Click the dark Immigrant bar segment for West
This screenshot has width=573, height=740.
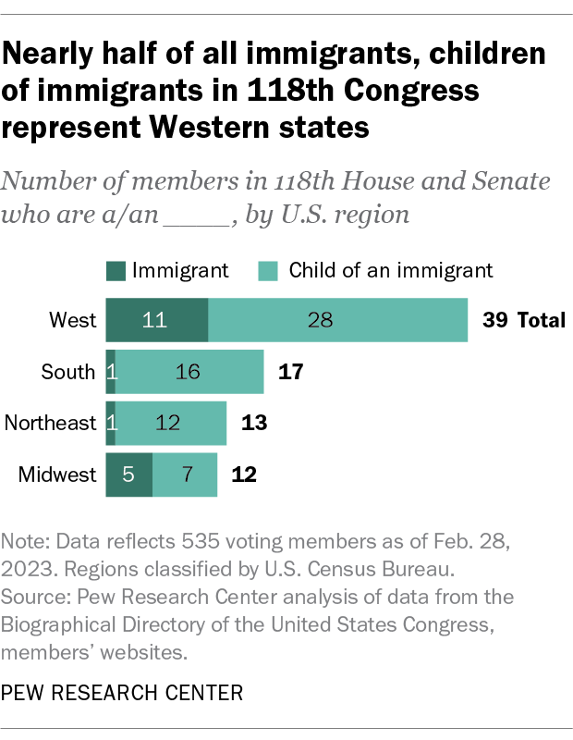coord(157,321)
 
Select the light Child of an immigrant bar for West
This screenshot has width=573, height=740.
coord(338,321)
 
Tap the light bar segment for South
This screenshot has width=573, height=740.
coord(189,372)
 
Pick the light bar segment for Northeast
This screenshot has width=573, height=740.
coord(171,424)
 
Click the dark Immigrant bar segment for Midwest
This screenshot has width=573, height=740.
coord(128,475)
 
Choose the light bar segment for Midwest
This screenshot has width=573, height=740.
coord(185,475)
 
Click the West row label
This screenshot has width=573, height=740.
coord(73,321)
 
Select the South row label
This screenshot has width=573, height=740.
coord(68,372)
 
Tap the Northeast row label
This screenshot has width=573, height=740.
coord(51,424)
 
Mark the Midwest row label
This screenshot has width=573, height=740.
coord(57,475)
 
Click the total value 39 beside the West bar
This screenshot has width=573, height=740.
coord(495,321)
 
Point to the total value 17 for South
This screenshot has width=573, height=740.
coord(290,372)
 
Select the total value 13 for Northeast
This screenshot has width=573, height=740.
coord(253,424)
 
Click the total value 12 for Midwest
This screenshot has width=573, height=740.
coord(244,475)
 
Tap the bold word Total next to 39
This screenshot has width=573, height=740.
coord(541,321)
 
